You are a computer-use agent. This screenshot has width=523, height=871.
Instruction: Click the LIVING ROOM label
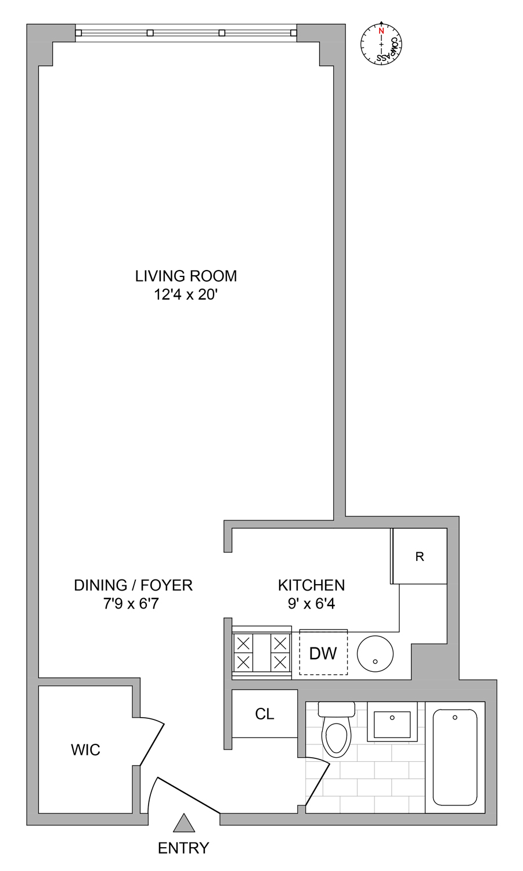186,276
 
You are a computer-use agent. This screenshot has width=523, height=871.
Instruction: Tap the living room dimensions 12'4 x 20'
186,294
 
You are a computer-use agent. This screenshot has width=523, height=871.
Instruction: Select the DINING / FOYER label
133,585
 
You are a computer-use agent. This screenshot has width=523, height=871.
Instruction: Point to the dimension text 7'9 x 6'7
131,604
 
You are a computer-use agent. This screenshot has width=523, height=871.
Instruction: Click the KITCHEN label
311,585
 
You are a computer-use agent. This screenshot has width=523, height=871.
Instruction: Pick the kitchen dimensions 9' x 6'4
311,604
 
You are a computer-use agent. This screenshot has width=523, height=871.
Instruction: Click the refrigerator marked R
420,556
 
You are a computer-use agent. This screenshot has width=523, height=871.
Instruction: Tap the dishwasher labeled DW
323,653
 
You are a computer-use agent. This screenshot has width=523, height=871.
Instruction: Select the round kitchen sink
375,653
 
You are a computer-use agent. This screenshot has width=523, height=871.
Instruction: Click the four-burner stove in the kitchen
262,653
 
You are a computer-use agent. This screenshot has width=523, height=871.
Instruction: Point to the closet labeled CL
265,714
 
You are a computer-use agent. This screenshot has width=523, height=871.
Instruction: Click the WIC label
85,750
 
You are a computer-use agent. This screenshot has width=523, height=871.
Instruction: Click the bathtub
455,757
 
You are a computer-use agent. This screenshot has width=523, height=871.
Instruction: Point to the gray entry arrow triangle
184,824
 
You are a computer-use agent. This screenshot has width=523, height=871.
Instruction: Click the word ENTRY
183,848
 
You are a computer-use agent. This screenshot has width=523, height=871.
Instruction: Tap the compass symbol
381,44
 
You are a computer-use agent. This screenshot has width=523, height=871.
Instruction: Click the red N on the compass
381,31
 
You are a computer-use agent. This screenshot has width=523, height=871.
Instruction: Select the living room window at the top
186,33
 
